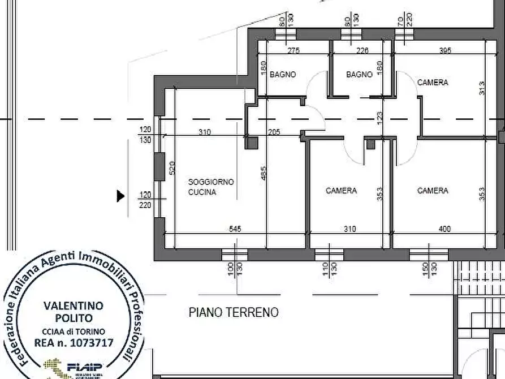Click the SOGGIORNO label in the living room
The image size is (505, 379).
pyautogui.click(x=203, y=182)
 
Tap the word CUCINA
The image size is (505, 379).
pyautogui.click(x=202, y=192)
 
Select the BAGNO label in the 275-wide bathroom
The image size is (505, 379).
pyautogui.click(x=282, y=74)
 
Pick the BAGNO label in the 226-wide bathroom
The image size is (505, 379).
pyautogui.click(x=359, y=74)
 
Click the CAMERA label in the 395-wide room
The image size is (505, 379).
pyautogui.click(x=433, y=83)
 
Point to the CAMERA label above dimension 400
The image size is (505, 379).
pyautogui.click(x=433, y=191)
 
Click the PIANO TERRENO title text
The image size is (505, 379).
pyautogui.click(x=234, y=312)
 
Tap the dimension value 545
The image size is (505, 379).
pyautogui.click(x=235, y=229)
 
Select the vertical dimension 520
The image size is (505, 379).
pyautogui.click(x=172, y=167)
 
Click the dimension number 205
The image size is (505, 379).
pyautogui.click(x=274, y=132)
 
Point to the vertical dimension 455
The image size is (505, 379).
pyautogui.click(x=264, y=173)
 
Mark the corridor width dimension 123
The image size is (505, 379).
pyautogui.click(x=380, y=118)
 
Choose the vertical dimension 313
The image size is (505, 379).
pyautogui.click(x=481, y=88)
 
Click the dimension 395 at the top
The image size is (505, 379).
pyautogui.click(x=445, y=51)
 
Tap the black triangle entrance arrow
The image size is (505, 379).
pyautogui.click(x=120, y=196)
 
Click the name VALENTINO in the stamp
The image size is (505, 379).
pyautogui.click(x=74, y=306)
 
